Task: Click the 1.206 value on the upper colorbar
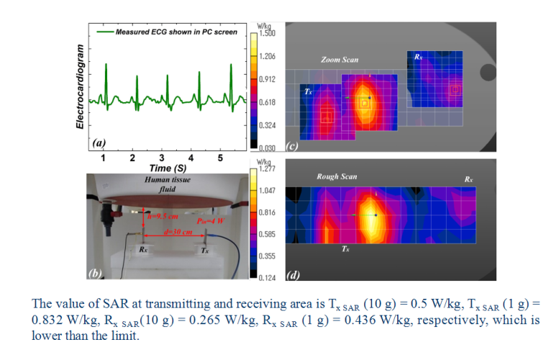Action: point(267,56)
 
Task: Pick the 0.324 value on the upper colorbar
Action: point(267,126)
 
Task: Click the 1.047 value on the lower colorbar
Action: point(267,191)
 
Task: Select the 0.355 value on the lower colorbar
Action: point(267,256)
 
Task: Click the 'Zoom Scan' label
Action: point(340,60)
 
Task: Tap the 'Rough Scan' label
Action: point(337,176)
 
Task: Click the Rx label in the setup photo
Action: point(144,251)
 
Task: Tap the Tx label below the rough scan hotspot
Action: point(346,248)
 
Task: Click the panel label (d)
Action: point(293,275)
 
